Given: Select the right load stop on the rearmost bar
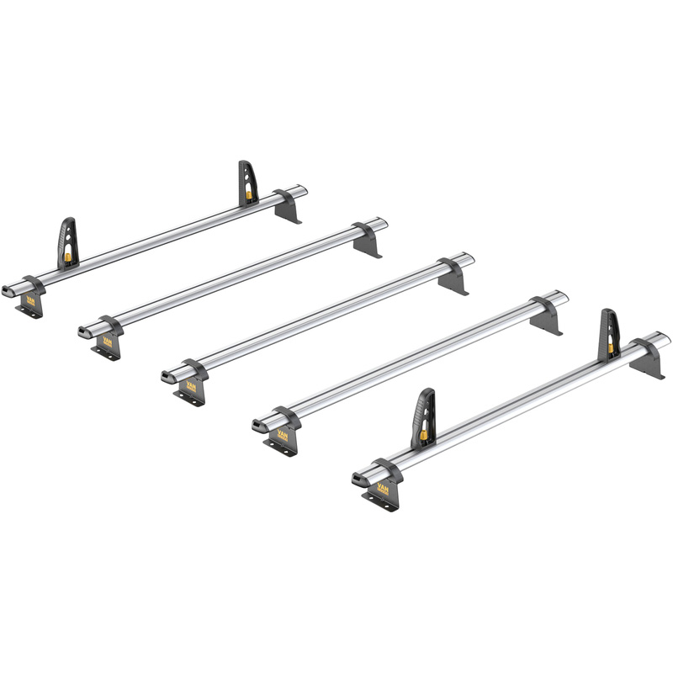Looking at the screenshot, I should tap(247, 183).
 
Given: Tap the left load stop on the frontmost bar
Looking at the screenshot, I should tap(424, 417).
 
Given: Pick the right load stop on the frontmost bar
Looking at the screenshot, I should tap(609, 334).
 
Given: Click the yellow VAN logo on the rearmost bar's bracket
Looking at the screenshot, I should tap(30, 299).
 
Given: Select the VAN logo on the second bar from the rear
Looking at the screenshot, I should tap(108, 342).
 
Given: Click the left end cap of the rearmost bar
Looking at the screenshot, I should tap(8, 289).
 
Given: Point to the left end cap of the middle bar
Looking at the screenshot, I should tap(168, 376).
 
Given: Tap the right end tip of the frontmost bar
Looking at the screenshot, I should tap(666, 338).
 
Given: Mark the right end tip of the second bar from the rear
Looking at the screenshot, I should tap(384, 224).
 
